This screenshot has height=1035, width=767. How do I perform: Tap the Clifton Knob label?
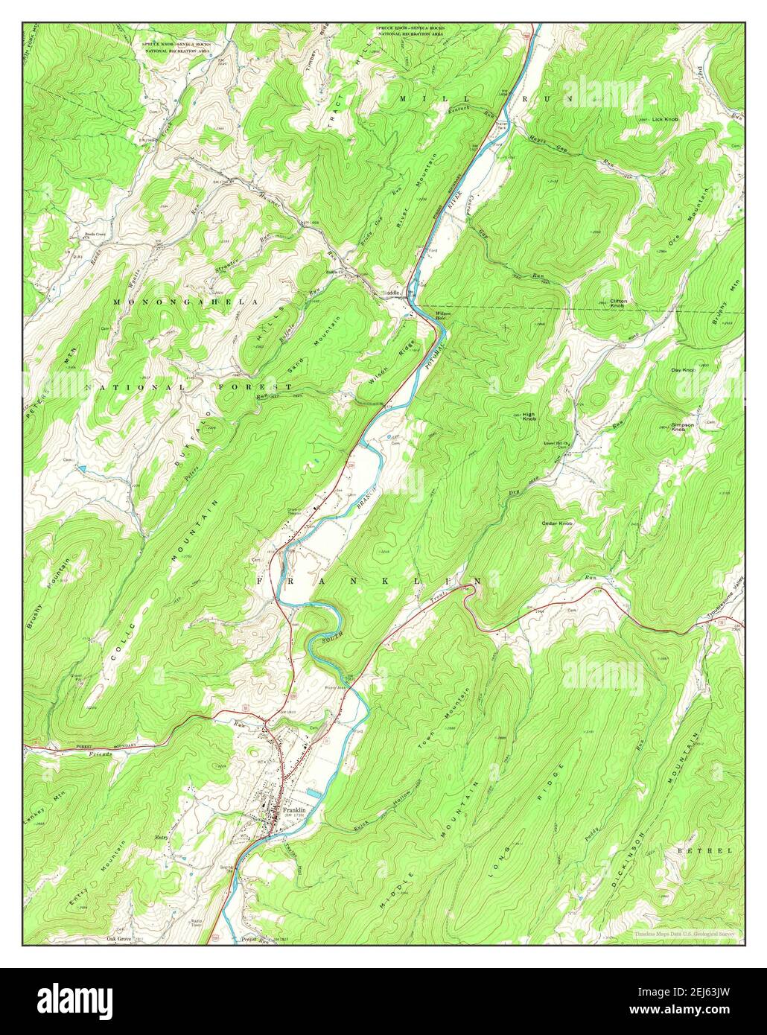pyautogui.click(x=619, y=303)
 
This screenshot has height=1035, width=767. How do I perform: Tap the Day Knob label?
pyautogui.click(x=682, y=370)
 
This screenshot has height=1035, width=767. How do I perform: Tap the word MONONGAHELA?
pyautogui.click(x=186, y=302)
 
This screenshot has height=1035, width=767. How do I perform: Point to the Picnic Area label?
pyautogui.click(x=337, y=688)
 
